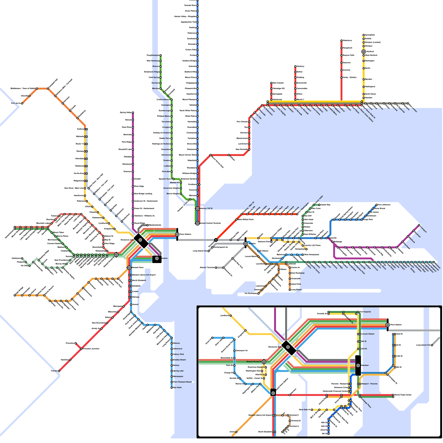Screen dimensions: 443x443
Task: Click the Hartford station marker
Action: (364, 52)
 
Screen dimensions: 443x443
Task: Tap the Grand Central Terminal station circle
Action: (197, 223)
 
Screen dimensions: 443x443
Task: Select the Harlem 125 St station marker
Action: (197, 208)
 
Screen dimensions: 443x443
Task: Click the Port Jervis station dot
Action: (22, 103)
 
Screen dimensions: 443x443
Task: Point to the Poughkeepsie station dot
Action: (160, 55)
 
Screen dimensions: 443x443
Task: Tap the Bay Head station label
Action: (177, 387)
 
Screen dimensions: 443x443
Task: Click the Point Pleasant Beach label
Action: (182, 382)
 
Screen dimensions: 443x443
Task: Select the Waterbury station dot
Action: (341, 41)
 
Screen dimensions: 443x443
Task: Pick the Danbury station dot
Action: (295, 66)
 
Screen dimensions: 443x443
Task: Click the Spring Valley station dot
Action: (133, 113)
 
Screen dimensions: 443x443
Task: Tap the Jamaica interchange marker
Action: (245, 244)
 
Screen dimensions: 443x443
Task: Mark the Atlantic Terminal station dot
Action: (216, 268)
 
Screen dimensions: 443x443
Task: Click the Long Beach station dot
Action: (290, 290)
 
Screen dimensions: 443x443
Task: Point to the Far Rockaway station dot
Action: (258, 293)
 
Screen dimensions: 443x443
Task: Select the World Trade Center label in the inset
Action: (403, 395)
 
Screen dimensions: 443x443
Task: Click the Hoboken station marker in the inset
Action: (358, 365)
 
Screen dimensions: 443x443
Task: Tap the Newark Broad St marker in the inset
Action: (264, 362)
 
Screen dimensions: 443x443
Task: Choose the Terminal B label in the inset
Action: (295, 421)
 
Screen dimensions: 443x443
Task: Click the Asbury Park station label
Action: (178, 354)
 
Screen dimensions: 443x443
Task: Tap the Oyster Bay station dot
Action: (319, 205)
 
